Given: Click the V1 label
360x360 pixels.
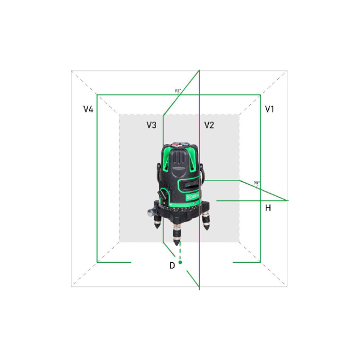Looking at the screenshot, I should pyautogui.click(x=270, y=109).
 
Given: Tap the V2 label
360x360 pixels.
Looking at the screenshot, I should pyautogui.click(x=209, y=125).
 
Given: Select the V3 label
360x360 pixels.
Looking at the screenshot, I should pyautogui.click(x=151, y=125).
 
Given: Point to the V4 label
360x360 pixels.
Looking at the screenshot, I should pyautogui.click(x=88, y=109).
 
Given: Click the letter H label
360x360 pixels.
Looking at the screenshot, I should pyautogui.click(x=268, y=208).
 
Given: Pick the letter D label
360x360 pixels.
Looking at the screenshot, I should pyautogui.click(x=172, y=264).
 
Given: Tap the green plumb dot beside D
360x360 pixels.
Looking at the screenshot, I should pyautogui.click(x=180, y=262).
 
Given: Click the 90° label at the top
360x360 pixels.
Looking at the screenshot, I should pyautogui.click(x=178, y=91).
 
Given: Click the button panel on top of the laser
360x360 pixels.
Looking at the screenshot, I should pyautogui.click(x=180, y=145).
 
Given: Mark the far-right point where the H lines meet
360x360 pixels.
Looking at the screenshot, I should pyautogui.click(x=289, y=200).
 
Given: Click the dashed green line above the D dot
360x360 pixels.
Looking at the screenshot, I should pyautogui.click(x=179, y=252).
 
